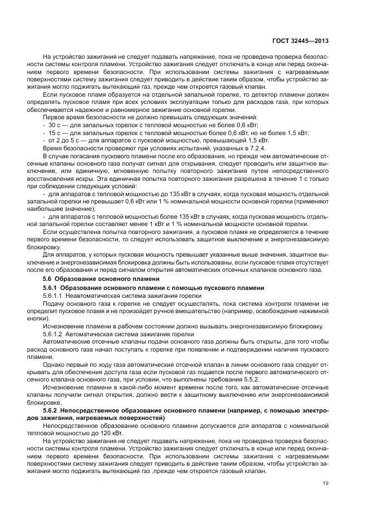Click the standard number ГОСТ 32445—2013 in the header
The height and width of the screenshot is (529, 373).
click(301, 41)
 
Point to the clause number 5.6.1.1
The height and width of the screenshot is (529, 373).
click(54, 296)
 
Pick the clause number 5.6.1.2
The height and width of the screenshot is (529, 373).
click(54, 334)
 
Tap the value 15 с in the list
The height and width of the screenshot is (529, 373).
click(54, 131)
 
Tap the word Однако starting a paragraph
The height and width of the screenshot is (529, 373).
click(54, 365)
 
